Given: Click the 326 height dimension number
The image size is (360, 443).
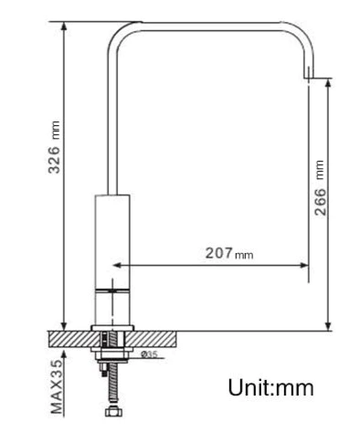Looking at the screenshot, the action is [54, 160].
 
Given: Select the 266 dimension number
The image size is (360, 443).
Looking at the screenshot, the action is [320, 202].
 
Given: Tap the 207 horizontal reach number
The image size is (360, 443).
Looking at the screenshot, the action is [219, 253].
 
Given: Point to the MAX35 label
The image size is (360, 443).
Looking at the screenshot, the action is [57, 386].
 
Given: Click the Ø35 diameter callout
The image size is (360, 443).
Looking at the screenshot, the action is [149, 354].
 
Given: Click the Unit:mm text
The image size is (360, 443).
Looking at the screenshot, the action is [270, 387].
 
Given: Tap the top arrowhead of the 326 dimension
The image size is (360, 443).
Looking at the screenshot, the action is [64, 26].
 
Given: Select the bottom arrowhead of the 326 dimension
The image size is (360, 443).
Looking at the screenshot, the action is [64, 326].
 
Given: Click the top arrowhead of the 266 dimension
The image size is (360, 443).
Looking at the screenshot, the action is [328, 82].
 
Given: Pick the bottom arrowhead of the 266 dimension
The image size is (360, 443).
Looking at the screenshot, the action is [328, 326].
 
